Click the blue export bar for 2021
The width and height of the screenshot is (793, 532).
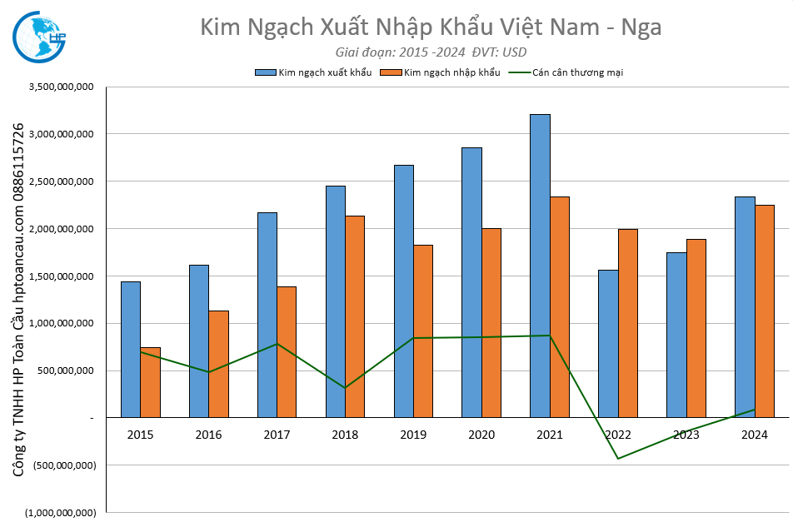click(x=540, y=266)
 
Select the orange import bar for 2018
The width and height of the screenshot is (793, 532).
click(x=355, y=316)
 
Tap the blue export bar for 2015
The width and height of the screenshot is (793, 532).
click(x=131, y=350)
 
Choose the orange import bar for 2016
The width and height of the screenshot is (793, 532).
click(x=218, y=364)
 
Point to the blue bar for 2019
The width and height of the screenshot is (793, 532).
click(x=404, y=291)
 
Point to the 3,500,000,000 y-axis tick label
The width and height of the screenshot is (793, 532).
click(x=61, y=87)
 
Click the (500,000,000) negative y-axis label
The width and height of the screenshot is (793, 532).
click(x=61, y=465)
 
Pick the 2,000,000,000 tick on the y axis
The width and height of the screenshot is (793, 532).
click(x=61, y=229)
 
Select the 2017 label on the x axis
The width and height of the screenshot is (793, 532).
click(x=277, y=435)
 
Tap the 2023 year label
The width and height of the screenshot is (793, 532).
click(x=686, y=435)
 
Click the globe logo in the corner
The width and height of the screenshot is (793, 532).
click(x=40, y=37)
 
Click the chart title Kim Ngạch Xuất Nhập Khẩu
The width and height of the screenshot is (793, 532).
click(x=431, y=27)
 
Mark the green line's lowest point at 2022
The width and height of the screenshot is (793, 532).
click(x=618, y=459)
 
